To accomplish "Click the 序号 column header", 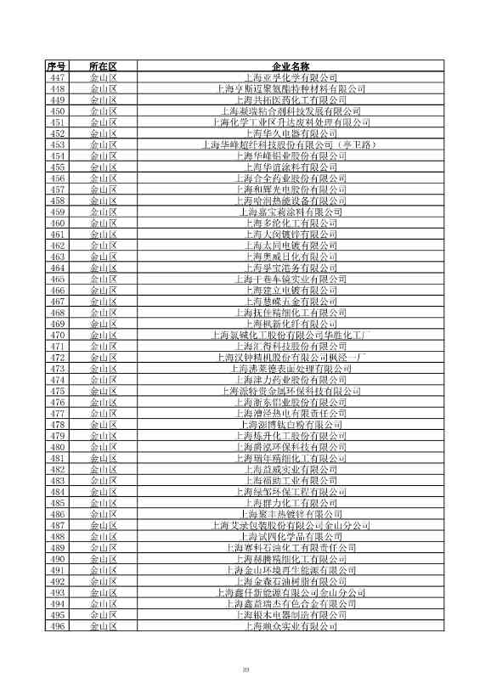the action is pyautogui.click(x=58, y=65).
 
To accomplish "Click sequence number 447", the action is pyautogui.click(x=58, y=76).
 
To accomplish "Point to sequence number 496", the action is pyautogui.click(x=58, y=627).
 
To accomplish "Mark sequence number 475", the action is pyautogui.click(x=58, y=391).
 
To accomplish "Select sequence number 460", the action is pyautogui.click(x=58, y=223).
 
